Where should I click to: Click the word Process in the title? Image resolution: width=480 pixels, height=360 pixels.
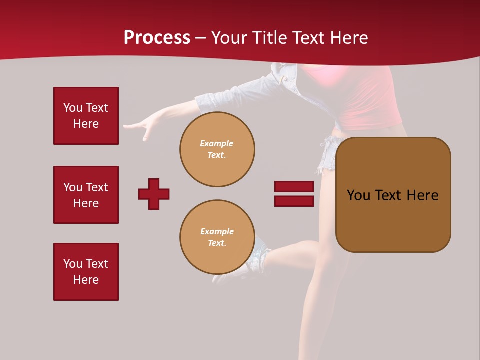157,38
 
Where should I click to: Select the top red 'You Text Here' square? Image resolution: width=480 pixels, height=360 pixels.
86,116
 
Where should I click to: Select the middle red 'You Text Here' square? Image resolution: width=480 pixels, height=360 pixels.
86,195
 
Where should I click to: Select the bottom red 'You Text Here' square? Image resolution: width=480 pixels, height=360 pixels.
86,272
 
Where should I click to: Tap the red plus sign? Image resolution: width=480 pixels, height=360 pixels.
154,194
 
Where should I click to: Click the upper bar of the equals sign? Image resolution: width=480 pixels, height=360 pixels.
294,186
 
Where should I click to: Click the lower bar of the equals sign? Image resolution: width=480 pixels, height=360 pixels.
294,201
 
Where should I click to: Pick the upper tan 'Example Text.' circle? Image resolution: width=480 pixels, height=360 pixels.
217,149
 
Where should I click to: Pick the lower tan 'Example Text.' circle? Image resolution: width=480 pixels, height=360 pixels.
217,237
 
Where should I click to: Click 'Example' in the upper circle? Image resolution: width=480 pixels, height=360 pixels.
217,143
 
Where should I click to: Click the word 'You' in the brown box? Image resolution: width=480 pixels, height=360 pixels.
358,195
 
